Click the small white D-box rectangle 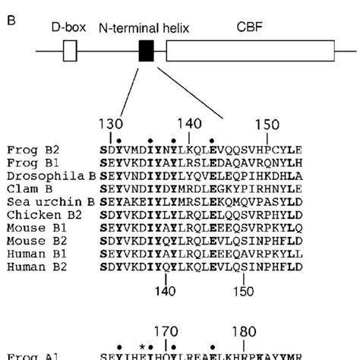(x=70, y=51)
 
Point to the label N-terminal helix (x=144, y=28)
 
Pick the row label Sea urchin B (x=43, y=199)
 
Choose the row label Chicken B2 (x=36, y=212)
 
